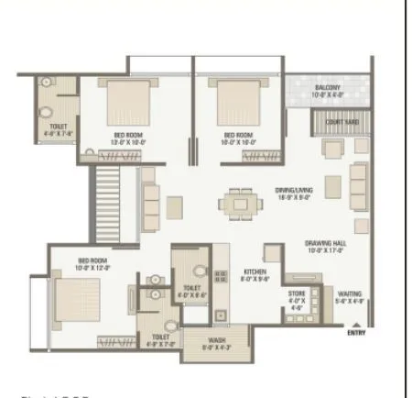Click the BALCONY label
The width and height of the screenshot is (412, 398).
(327, 88)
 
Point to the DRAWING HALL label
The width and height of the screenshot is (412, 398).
(324, 243)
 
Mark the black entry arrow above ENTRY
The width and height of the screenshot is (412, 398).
(356, 323)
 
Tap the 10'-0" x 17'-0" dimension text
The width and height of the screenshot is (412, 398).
(324, 251)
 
